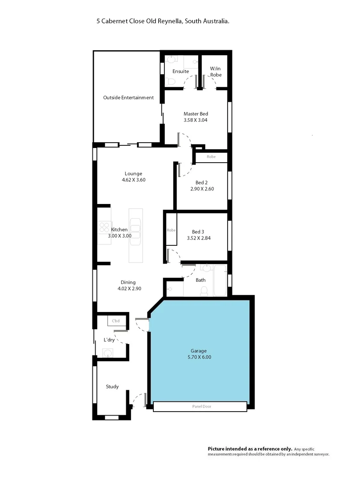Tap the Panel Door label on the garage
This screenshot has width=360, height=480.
200,406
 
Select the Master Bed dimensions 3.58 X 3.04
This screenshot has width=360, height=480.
196,120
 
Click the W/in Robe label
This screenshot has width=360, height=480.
216,72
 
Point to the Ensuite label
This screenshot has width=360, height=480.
180,71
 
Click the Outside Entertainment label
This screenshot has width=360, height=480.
128,98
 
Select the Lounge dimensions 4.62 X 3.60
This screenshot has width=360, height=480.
133,180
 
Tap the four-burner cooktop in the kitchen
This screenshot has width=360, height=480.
104,227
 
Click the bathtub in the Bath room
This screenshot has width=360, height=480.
220,280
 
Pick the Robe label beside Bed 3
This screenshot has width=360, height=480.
171,230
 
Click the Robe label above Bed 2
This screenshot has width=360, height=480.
211,157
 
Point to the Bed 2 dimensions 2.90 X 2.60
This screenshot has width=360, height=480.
202,189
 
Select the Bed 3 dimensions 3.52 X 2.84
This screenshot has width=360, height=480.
199,238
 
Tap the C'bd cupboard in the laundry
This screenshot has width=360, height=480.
116,321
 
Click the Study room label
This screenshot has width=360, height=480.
112,387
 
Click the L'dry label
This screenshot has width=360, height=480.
109,340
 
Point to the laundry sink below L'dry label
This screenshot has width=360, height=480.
107,353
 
